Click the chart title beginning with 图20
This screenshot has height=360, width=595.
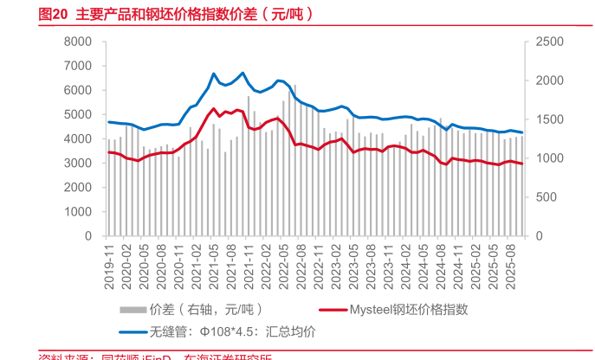[165, 15]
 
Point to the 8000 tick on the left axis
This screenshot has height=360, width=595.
[78, 42]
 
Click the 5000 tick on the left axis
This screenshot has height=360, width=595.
[78, 114]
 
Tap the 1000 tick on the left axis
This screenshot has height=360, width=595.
[78, 211]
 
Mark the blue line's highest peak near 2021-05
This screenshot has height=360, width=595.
[214, 74]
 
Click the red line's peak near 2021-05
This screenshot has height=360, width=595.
[214, 108]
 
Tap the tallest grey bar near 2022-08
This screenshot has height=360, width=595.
[294, 86]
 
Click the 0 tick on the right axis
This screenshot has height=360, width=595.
[540, 235]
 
